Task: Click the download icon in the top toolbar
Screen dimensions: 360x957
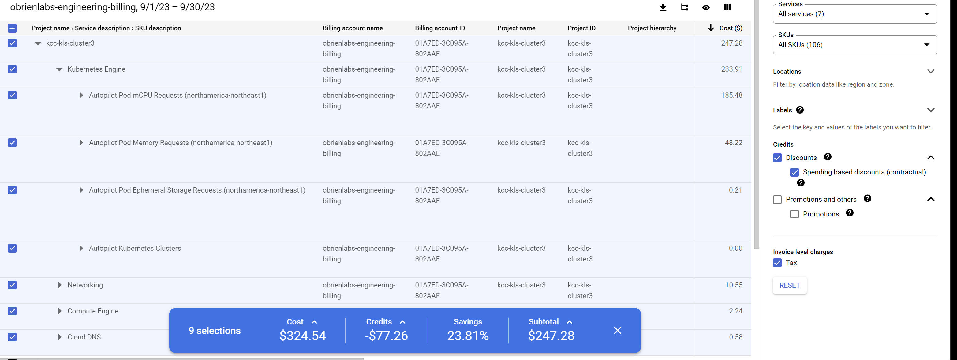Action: click(663, 7)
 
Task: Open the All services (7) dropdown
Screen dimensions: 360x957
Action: click(854, 14)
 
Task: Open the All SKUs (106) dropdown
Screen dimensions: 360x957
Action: click(854, 45)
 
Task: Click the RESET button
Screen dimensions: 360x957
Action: click(790, 285)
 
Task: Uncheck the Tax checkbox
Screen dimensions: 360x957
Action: click(777, 263)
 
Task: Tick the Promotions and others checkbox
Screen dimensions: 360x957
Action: click(777, 200)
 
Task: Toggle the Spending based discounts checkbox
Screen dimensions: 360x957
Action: click(794, 172)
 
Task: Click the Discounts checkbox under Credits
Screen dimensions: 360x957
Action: click(777, 158)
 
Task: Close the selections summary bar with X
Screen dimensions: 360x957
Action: click(617, 330)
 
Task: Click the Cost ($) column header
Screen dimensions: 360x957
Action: click(731, 28)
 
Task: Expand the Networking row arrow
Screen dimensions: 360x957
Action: click(60, 285)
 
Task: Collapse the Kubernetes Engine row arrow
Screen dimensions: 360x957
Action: click(59, 69)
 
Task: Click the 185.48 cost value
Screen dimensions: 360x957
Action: click(731, 96)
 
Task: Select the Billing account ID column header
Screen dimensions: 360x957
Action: click(440, 28)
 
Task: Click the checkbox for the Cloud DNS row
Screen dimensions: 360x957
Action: click(12, 337)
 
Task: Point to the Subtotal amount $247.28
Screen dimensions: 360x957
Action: click(551, 336)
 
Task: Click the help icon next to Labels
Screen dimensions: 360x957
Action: click(800, 110)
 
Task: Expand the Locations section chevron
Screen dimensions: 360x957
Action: click(931, 71)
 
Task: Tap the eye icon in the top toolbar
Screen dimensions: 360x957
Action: click(706, 7)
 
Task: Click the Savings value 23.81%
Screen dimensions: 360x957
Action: click(468, 336)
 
